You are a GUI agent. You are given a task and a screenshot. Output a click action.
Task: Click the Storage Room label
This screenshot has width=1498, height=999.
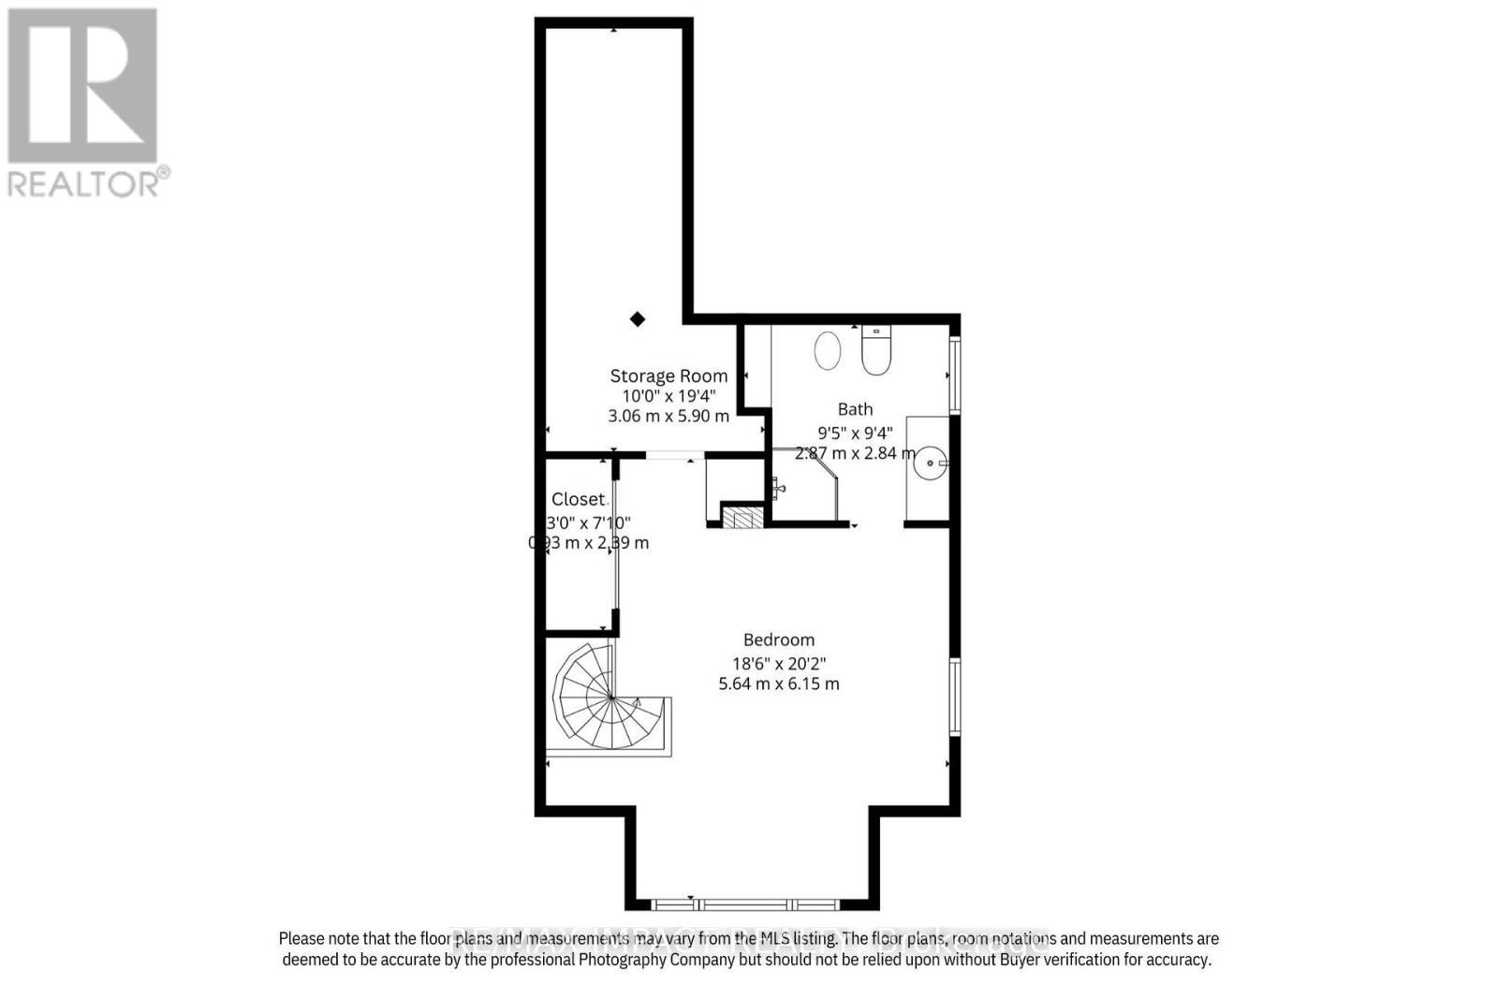coord(668,375)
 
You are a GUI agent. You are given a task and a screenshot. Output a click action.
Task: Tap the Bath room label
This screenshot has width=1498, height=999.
coord(855,409)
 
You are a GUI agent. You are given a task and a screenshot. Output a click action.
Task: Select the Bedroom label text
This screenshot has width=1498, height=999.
coord(779,639)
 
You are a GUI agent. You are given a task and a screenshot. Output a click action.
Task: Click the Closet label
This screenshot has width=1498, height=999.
coord(578,499)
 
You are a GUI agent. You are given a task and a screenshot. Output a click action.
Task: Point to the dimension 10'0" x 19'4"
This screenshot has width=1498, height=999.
coord(668,396)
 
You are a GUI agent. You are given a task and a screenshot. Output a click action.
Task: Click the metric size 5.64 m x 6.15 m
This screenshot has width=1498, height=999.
coord(779,683)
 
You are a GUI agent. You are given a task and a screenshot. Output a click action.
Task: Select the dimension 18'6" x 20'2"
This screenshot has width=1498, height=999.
coord(779,663)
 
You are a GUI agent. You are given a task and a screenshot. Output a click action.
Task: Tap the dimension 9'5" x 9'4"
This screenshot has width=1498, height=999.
coord(855,433)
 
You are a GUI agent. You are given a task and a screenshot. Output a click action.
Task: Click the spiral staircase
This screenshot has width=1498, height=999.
coord(609,700)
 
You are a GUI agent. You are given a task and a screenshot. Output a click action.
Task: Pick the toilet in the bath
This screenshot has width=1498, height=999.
coord(876,351)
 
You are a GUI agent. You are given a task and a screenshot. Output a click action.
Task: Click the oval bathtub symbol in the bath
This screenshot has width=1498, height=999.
coord(828,350)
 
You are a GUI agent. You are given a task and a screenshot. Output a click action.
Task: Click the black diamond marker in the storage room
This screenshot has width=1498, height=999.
coord(638,319)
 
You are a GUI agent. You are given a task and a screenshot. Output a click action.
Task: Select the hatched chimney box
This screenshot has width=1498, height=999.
coord(743,518)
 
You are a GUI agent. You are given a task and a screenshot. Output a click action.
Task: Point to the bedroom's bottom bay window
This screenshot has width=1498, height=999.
coord(746,904)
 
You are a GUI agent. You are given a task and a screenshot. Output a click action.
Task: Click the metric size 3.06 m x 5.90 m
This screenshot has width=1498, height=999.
coord(668,416)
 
